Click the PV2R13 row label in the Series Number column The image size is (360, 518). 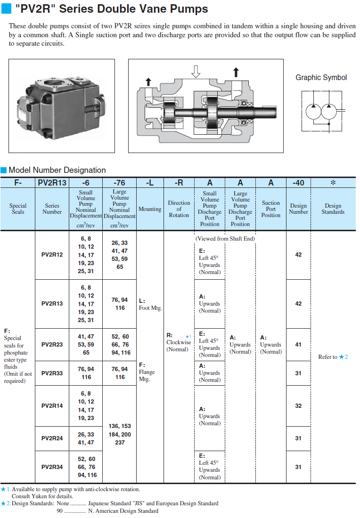point(52,304)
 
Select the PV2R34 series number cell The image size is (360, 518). point(52,467)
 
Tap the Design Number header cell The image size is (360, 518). point(298,209)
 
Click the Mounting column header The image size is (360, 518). point(150,209)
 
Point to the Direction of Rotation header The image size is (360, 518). point(179,209)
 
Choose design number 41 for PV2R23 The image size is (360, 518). point(298,345)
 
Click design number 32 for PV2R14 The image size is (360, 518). point(298,405)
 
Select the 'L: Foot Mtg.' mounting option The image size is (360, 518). point(150,304)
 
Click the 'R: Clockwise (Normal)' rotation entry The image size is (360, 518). point(179,342)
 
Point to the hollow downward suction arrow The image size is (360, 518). point(196,71)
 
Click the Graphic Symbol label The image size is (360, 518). point(321,78)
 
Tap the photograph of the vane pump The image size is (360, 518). point(62,105)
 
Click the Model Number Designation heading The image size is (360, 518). point(57,170)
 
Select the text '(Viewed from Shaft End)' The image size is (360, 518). point(225,239)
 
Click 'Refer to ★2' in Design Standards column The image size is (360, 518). point(333,357)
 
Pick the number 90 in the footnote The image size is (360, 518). point(60,510)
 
